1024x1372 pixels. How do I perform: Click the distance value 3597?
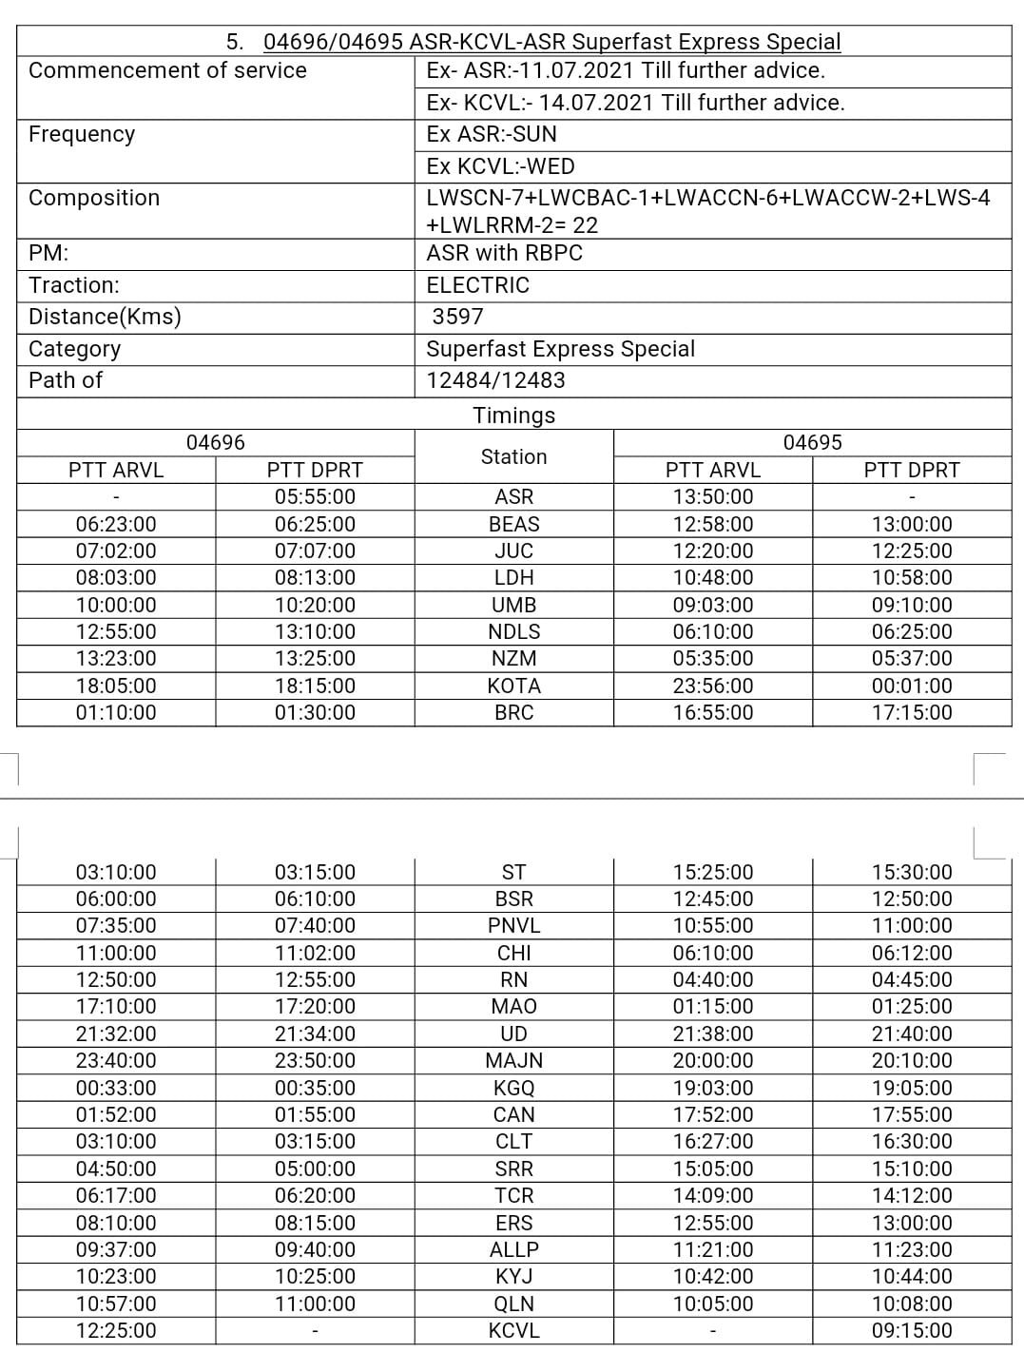coord(457,317)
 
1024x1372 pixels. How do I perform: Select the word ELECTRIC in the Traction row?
coord(477,285)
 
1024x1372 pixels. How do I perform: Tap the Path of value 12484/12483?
coord(495,380)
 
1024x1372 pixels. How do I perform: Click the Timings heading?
coord(513,415)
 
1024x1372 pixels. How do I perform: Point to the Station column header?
coord(513,456)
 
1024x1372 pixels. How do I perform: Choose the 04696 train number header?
coord(216,442)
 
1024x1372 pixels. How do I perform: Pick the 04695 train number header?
coord(812,442)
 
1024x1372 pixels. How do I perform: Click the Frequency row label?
coord(82,134)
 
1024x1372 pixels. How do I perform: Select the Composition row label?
coord(94,198)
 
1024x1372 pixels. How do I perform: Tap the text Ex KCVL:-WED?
coord(500,166)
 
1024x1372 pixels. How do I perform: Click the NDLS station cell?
coord(513,631)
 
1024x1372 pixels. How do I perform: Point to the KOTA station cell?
coord(513,686)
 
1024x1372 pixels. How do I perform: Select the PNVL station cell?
coord(513,925)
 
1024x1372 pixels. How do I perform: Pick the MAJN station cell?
coord(513,1060)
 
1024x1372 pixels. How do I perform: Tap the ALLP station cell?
coord(513,1249)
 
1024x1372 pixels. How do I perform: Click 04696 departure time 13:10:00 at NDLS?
coord(315,631)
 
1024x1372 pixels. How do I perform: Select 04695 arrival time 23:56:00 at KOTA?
coord(712,686)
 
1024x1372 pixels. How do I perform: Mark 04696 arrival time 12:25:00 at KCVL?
coord(116,1330)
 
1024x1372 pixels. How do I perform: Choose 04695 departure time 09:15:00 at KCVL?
coord(911,1330)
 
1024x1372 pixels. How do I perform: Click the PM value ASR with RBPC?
coord(504,253)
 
